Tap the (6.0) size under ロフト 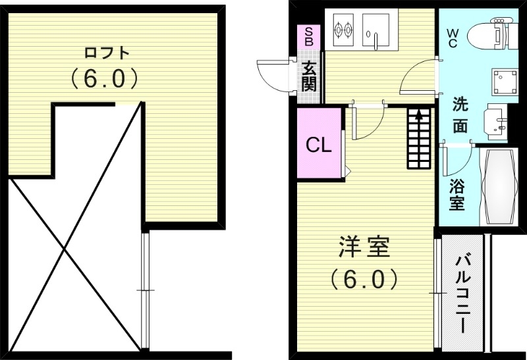click(105, 79)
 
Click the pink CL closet click(319, 145)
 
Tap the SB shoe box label click(308, 36)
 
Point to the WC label click(454, 37)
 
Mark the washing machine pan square click(504, 82)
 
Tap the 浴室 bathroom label click(456, 195)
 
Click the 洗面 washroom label click(460, 115)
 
